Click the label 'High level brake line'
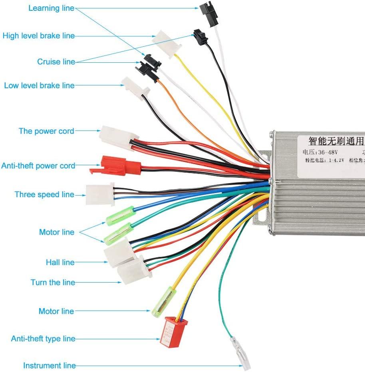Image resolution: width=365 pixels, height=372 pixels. point(38,36)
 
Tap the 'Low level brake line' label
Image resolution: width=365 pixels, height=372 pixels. point(39,85)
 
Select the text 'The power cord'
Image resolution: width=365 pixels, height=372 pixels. point(46,131)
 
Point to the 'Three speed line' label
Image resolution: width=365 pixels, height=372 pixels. point(44,194)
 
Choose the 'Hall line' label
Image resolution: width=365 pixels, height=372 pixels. point(60,262)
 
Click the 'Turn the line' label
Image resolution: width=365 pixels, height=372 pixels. point(53,282)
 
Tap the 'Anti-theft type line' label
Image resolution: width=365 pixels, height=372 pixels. point(43,339)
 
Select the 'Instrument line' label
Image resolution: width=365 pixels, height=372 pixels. point(49,366)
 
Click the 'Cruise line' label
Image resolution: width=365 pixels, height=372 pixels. point(56,62)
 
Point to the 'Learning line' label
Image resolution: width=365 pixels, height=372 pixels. point(51,8)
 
